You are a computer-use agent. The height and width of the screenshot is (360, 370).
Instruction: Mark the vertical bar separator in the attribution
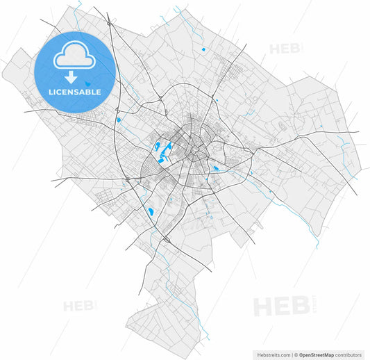pos(292,354)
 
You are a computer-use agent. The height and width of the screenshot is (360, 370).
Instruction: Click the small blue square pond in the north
pos(203,49)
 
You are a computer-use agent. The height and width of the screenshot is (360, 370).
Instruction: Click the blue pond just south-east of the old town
pos(215,168)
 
